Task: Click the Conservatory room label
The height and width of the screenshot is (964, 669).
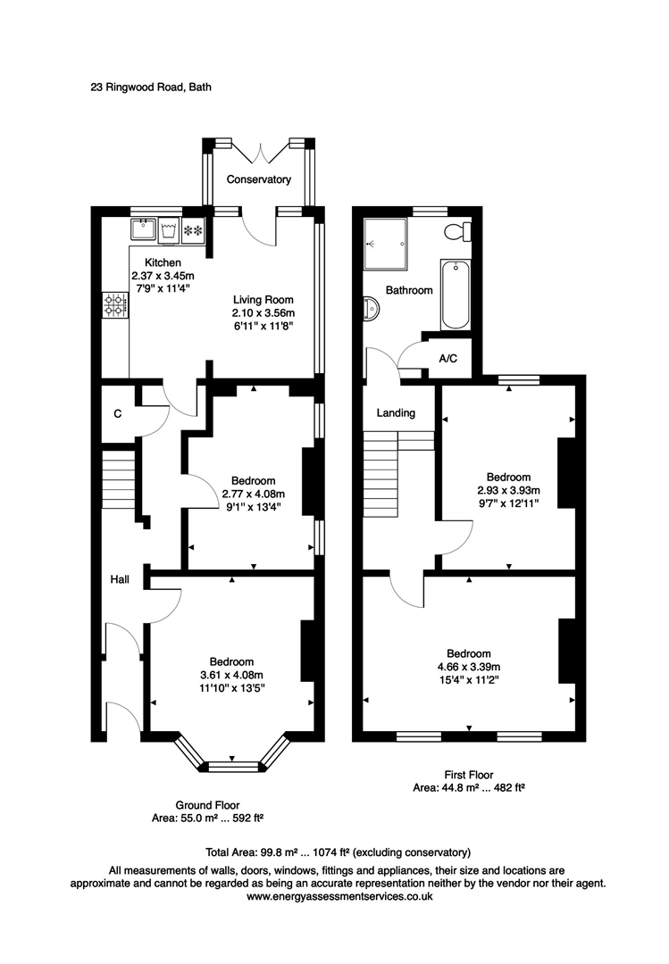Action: coord(258,179)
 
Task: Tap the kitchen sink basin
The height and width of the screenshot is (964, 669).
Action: coord(143,229)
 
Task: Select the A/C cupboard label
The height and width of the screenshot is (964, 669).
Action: coord(448,358)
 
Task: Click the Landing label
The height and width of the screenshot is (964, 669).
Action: coord(396,413)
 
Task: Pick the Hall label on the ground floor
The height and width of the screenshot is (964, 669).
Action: coord(119,580)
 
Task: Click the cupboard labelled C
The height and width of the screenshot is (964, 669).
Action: coord(118,414)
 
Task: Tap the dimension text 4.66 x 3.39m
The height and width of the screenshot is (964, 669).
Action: coord(469,667)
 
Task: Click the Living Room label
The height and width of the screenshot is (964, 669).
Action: coord(263,300)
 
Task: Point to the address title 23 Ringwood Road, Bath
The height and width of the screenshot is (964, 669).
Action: coord(150,87)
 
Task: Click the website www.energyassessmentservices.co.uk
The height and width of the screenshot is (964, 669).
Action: coord(339,896)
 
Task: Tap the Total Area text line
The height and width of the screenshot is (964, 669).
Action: coord(339,852)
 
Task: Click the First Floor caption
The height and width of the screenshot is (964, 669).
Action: coord(468,775)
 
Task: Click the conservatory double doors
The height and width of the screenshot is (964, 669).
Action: coord(259,152)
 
